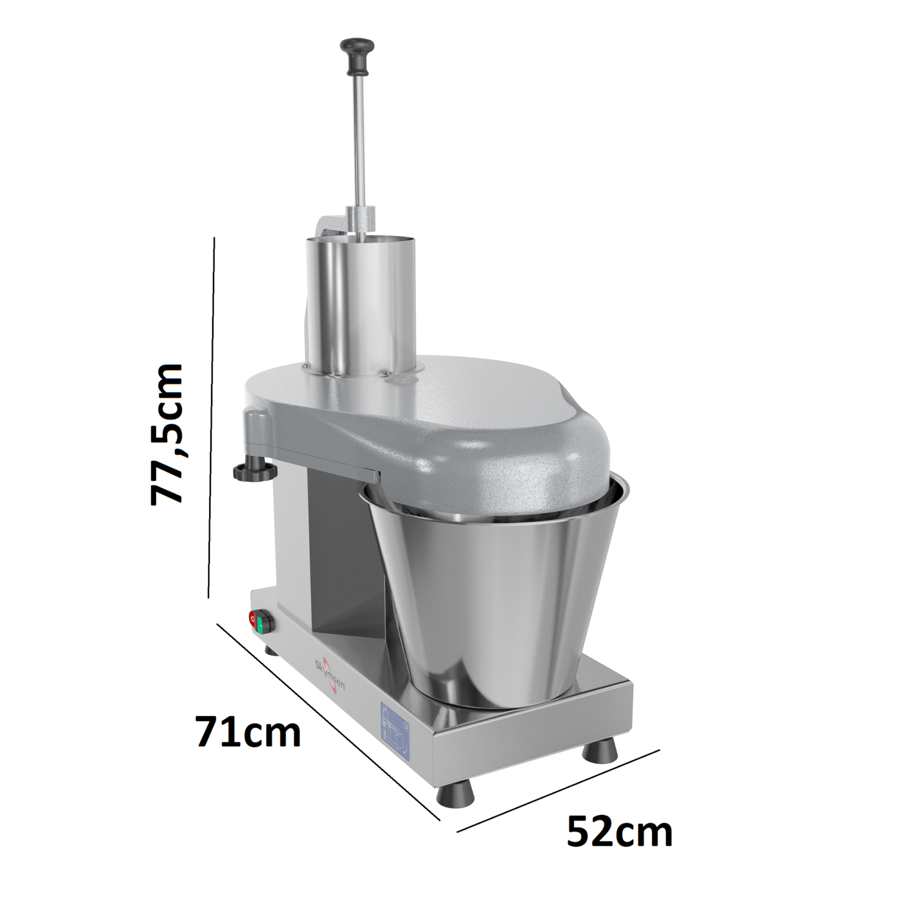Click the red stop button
[x=253, y=620]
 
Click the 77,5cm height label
[x=167, y=433]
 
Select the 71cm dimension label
[x=248, y=732]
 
